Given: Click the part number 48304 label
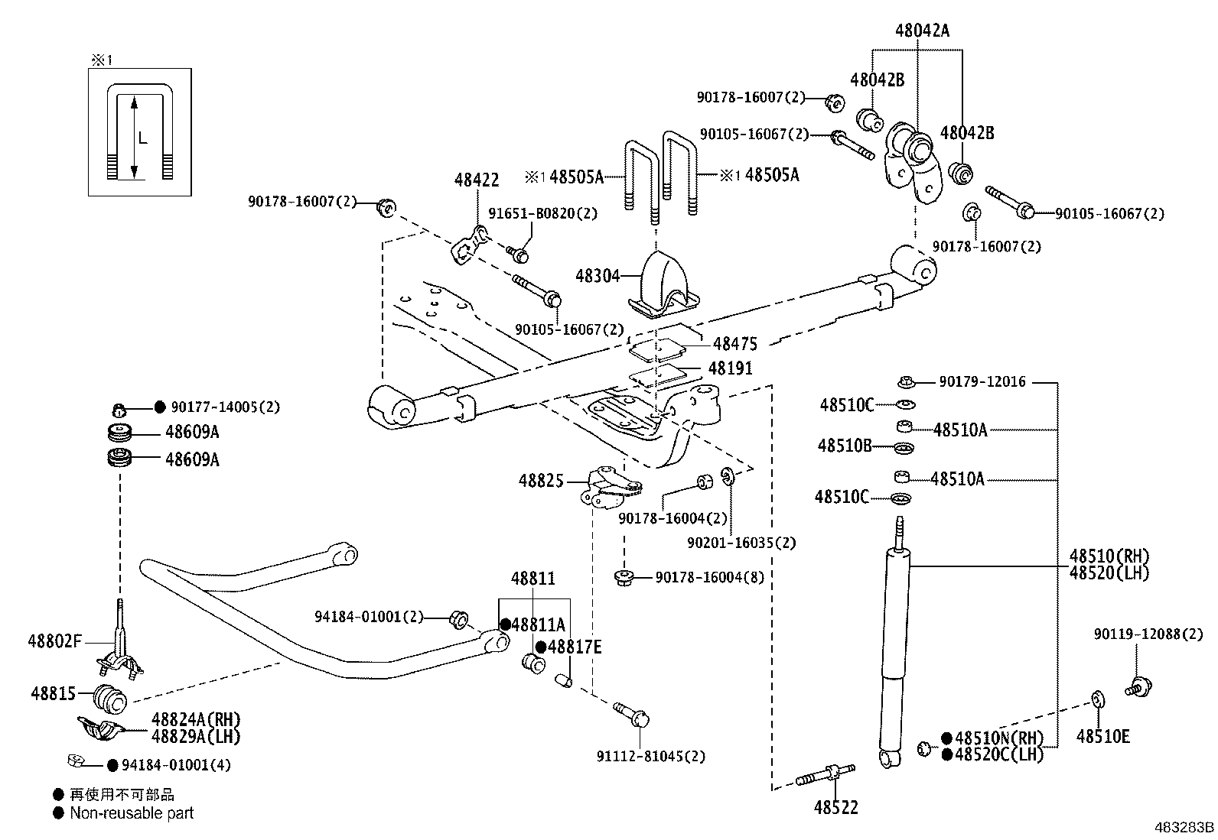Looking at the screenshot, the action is [598, 276].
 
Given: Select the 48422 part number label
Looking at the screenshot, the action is [477, 180].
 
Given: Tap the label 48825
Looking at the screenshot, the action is [541, 481].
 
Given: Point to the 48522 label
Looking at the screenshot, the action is [835, 807].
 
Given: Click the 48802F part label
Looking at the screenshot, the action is [55, 641].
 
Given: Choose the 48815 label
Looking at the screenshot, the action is [54, 693].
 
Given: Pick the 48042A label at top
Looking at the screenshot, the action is [922, 31].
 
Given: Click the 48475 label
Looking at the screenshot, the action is [735, 343].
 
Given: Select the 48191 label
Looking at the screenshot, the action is [730, 368].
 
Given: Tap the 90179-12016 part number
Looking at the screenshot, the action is [982, 381].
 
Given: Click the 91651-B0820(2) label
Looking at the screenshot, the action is [542, 213].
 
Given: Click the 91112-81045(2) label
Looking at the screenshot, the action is [651, 757].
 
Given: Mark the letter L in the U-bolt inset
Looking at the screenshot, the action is [142, 138].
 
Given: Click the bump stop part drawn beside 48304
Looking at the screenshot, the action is [663, 285].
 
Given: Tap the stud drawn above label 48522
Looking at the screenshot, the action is [826, 774].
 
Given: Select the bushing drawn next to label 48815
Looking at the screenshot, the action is [110, 699].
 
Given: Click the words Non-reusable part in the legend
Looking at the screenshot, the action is [132, 812].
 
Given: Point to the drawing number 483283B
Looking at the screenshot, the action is [1184, 828].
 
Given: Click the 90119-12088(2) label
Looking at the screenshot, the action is [1148, 634].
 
